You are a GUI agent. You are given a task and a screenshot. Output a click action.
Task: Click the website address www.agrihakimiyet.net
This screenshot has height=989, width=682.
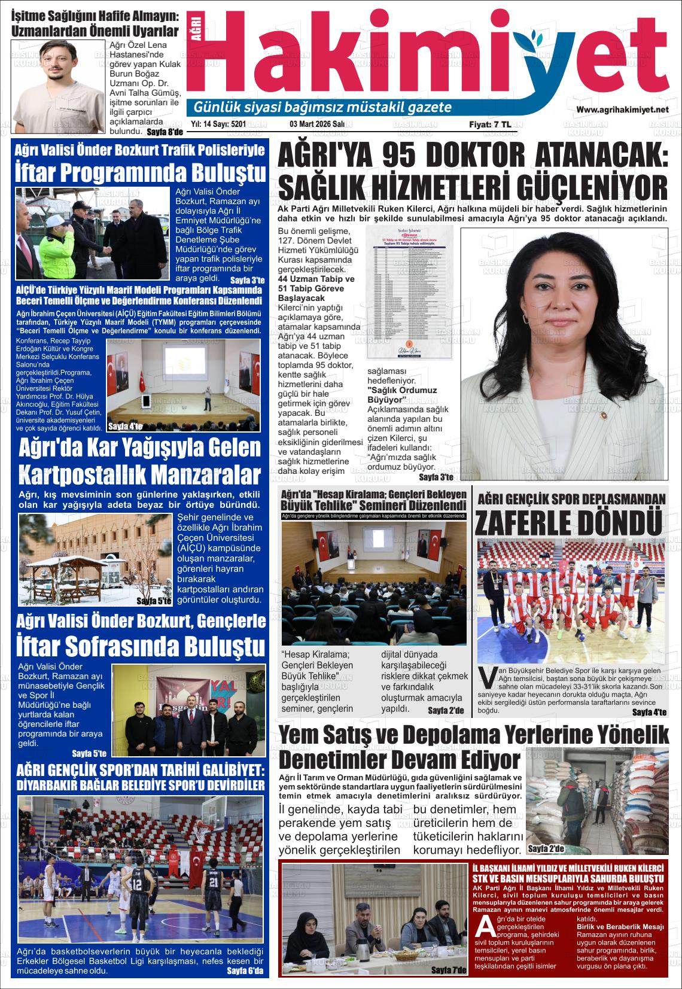click(x=622, y=109)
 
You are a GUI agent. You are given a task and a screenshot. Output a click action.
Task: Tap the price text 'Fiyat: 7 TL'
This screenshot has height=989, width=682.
click(x=490, y=125)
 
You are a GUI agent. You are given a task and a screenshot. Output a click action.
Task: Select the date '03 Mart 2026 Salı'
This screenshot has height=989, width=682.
click(x=317, y=124)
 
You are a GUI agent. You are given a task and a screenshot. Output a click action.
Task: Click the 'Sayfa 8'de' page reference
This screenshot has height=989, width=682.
click(x=164, y=132)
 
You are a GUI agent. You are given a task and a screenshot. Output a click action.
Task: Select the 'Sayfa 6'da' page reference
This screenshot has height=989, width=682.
click(x=245, y=971)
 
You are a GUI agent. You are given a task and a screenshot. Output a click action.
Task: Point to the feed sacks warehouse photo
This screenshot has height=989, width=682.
click(x=597, y=802)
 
